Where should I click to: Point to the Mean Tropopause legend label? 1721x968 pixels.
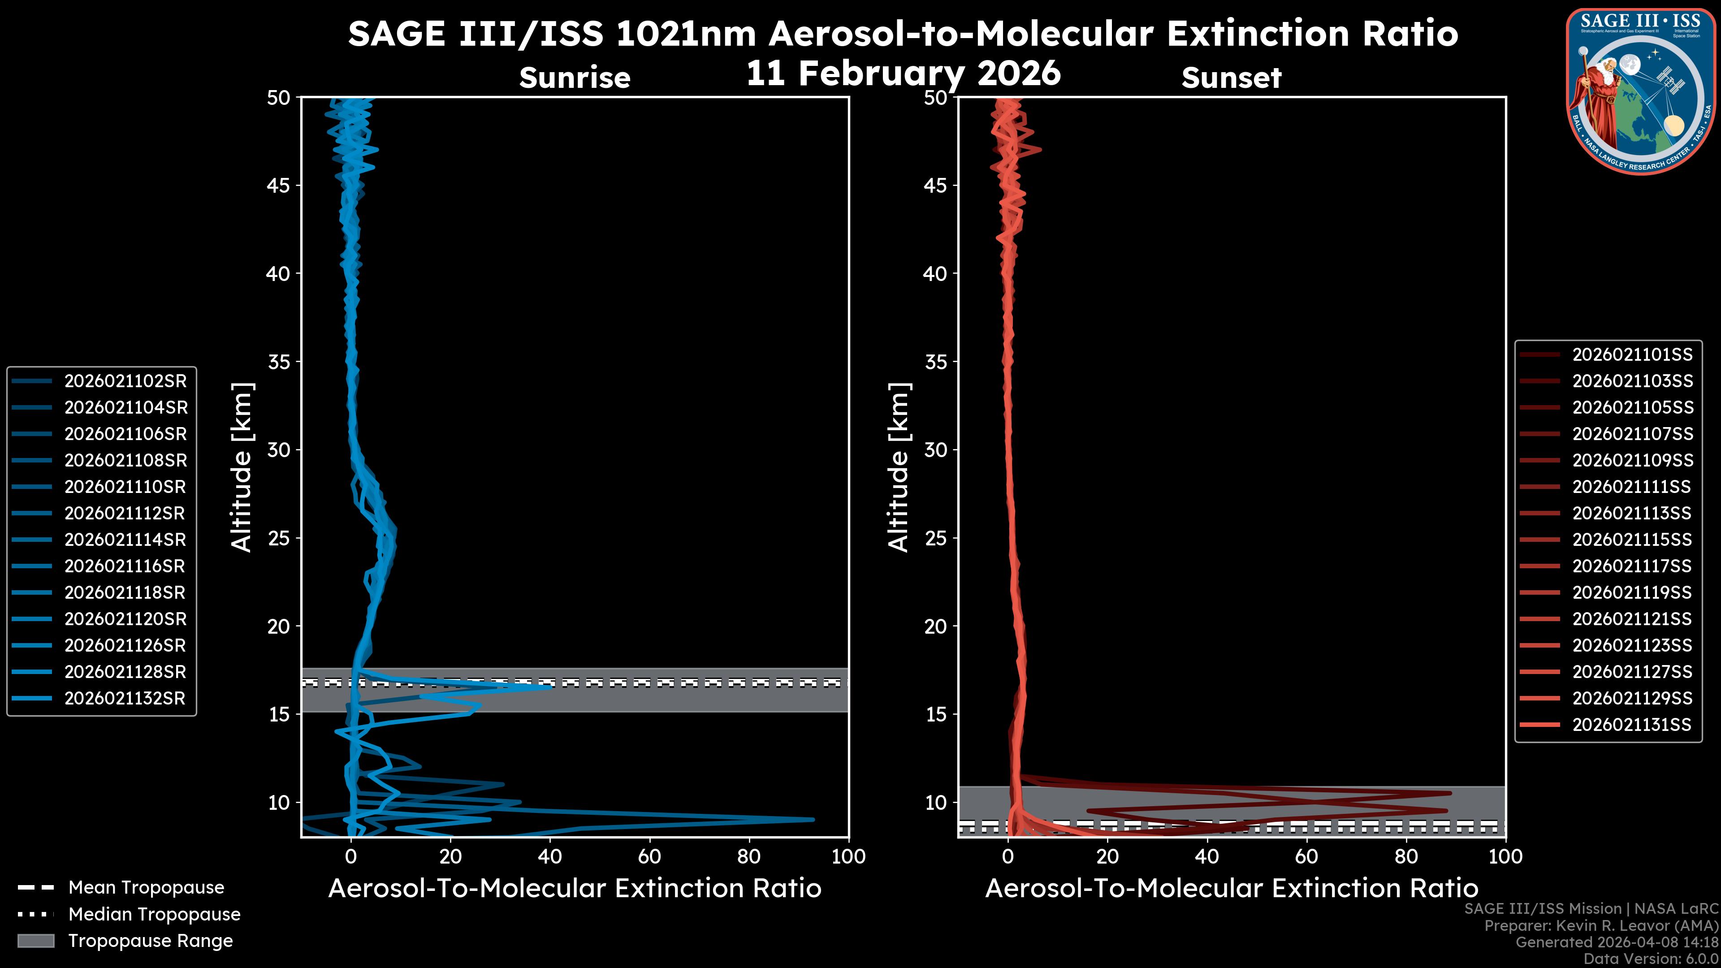tap(146, 887)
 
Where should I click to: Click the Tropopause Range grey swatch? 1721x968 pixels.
tap(35, 941)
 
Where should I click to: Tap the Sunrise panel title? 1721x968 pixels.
tap(575, 78)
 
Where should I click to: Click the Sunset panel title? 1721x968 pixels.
tap(1231, 78)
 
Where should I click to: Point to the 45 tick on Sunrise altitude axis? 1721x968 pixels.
tap(278, 185)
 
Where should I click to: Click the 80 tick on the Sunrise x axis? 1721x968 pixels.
tap(749, 856)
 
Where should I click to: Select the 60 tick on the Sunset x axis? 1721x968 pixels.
tap(1306, 856)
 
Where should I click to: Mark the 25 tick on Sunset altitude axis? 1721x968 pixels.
tap(935, 538)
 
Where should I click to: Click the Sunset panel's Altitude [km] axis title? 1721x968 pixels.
tap(899, 467)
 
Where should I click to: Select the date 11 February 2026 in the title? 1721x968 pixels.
tap(903, 72)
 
